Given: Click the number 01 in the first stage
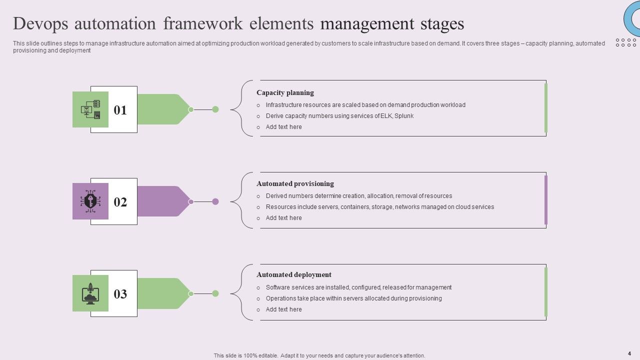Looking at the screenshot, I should pos(120,110).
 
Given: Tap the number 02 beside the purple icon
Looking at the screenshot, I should pos(120,202).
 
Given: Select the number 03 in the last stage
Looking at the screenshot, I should pos(120,294).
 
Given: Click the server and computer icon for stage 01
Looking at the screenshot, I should pos(90,109).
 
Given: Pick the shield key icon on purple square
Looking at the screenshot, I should pos(90,201).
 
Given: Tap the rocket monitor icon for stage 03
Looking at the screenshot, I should pos(90,293).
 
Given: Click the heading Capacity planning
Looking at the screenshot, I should pos(285,92).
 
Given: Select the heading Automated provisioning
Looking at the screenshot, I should pos(295,183).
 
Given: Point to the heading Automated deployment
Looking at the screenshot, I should pos(294,274).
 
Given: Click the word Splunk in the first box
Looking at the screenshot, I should pos(404,116).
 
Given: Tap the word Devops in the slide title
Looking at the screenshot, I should pos(40,23).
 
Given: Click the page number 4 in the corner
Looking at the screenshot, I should pos(629,353).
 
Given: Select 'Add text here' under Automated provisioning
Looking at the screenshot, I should pos(283,218).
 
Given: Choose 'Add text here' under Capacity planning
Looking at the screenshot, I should pos(283,127).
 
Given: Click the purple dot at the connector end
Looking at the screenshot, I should pos(215,201).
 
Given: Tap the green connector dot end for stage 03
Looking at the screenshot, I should pos(215,293).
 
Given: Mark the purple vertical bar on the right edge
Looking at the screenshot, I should pos(546,200).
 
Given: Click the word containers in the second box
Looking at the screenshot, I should pos(354,207).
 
